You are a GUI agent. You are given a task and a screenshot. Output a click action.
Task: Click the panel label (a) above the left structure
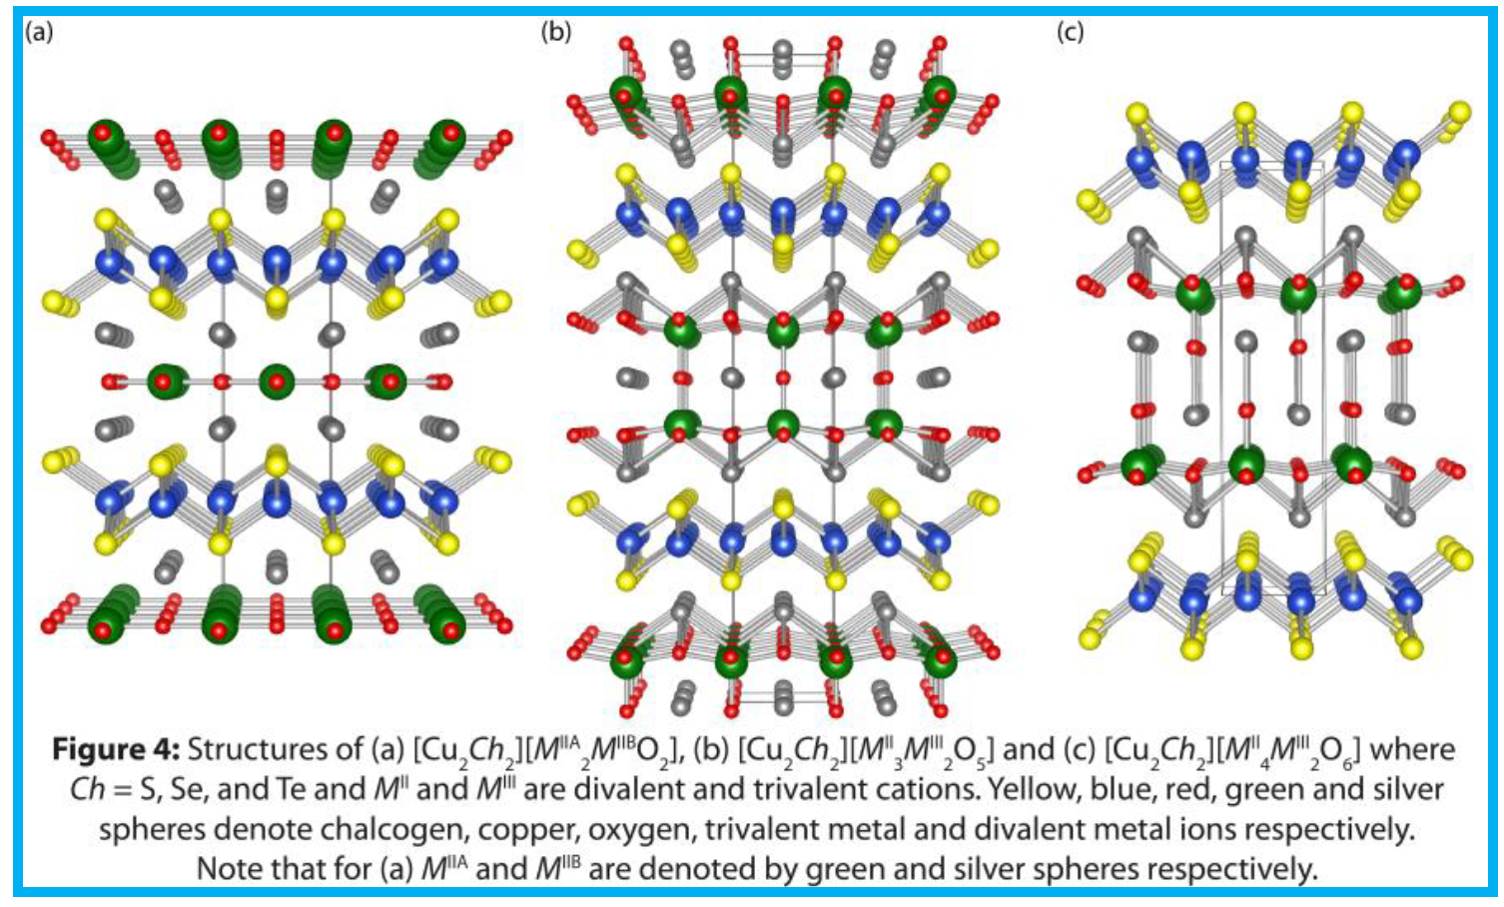[x=39, y=32]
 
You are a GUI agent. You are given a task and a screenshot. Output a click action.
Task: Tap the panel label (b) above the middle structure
[x=555, y=32]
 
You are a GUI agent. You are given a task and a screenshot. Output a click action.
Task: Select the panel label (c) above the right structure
[x=1070, y=32]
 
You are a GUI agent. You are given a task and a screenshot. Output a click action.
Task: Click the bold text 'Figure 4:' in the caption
[x=116, y=749]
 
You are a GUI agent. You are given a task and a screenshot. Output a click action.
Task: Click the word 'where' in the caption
[x=1412, y=749]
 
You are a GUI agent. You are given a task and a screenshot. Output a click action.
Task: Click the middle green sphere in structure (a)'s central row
[x=279, y=382]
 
